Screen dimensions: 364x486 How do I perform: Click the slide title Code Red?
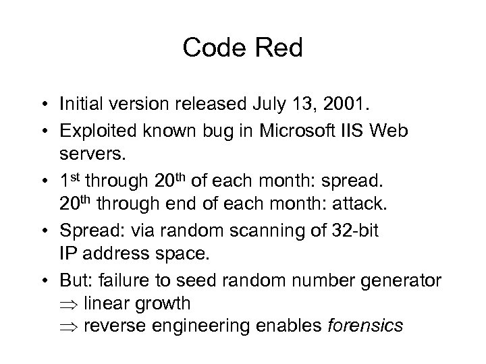242,47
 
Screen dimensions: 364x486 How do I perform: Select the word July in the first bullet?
265,104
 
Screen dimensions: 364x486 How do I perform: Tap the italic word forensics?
364,326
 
